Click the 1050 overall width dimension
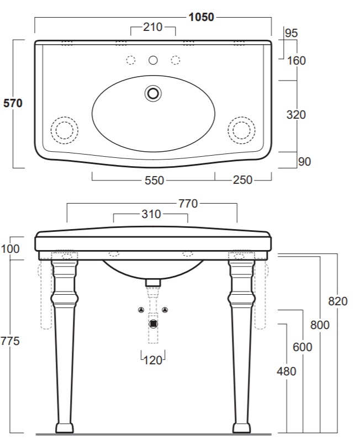click(x=201, y=17)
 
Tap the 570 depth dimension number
click(x=13, y=103)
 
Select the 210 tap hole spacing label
click(x=153, y=27)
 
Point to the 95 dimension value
click(x=291, y=33)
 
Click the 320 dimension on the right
click(x=297, y=115)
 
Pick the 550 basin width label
click(x=154, y=180)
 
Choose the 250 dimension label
click(x=242, y=180)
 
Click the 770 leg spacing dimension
click(x=188, y=204)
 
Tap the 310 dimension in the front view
click(x=151, y=214)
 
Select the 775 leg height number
click(x=10, y=341)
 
